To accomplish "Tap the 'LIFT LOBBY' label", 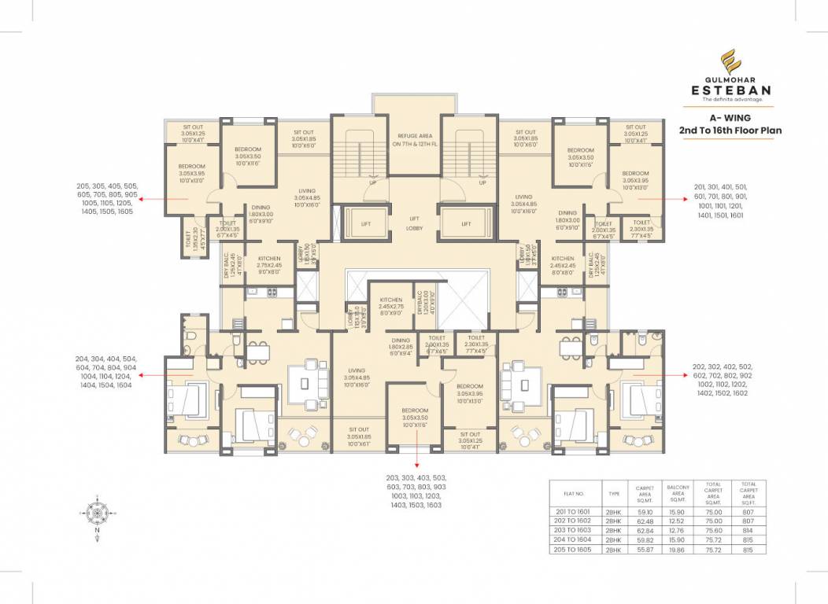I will coord(413,223).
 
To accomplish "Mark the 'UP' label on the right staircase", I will coord(482,182).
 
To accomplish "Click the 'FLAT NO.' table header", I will coord(574,493).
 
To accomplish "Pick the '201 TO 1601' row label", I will coord(574,511).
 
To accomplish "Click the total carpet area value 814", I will coord(748,530).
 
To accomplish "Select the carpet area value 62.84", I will coord(645,530).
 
